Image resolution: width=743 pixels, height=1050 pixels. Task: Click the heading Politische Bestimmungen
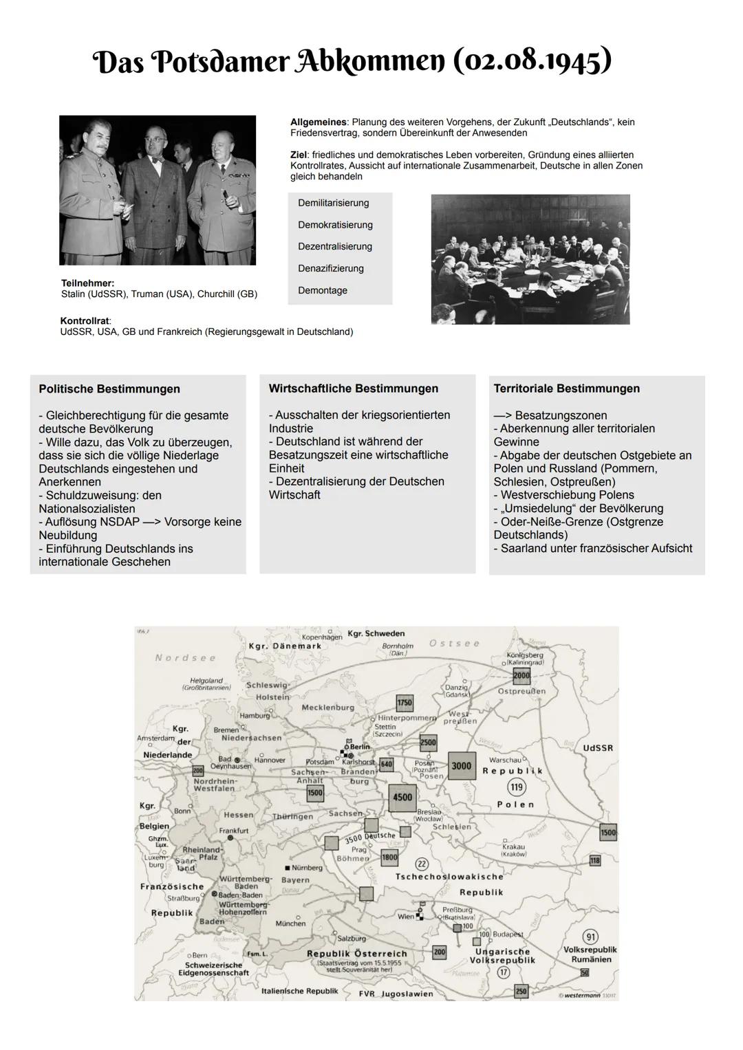(109, 389)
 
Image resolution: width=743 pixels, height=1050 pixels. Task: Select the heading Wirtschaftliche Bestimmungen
(353, 389)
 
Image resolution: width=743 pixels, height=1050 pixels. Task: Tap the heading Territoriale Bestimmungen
(566, 389)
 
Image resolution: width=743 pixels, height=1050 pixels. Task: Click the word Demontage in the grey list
(322, 291)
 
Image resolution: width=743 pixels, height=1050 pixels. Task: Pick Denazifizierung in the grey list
(330, 269)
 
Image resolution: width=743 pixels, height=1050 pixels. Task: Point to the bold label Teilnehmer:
(87, 283)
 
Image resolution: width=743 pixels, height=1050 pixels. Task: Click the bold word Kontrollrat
(85, 321)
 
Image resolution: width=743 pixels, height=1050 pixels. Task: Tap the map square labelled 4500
(402, 798)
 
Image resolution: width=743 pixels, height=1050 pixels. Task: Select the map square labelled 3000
(462, 766)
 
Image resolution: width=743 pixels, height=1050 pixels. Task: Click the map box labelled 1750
(405, 703)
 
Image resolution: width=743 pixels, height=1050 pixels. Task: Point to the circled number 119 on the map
(516, 787)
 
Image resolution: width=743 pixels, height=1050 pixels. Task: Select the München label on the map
(290, 923)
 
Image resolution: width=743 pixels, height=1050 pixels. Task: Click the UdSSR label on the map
(597, 747)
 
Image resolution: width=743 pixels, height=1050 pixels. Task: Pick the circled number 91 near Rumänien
(590, 937)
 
